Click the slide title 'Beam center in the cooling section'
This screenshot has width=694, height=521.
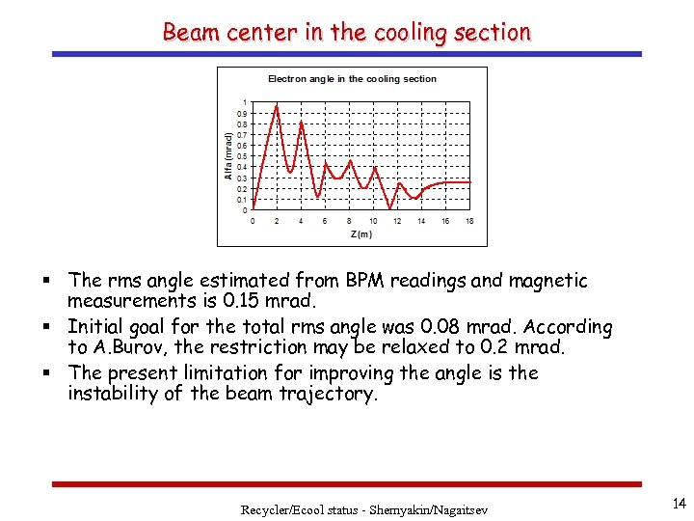pyautogui.click(x=347, y=32)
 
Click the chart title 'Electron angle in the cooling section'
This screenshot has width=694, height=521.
pyautogui.click(x=352, y=79)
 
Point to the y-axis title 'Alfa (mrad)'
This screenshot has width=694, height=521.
pyautogui.click(x=228, y=156)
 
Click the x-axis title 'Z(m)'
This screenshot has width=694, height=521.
pyautogui.click(x=360, y=233)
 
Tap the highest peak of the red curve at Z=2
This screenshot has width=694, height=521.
pyautogui.click(x=278, y=106)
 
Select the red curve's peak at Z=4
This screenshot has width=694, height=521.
pyautogui.click(x=302, y=123)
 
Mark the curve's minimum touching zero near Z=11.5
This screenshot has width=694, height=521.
pyautogui.click(x=390, y=208)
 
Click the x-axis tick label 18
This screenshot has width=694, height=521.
pyautogui.click(x=469, y=221)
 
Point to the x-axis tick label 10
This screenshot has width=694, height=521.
pyautogui.click(x=373, y=221)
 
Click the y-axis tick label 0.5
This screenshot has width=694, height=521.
pyautogui.click(x=243, y=156)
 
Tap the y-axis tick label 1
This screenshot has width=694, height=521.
pyautogui.click(x=245, y=102)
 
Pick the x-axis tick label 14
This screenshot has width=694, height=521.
pyautogui.click(x=421, y=221)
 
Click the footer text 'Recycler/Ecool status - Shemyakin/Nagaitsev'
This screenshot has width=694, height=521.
pyautogui.click(x=364, y=508)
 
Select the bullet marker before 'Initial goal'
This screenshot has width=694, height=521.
pyautogui.click(x=56, y=328)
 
